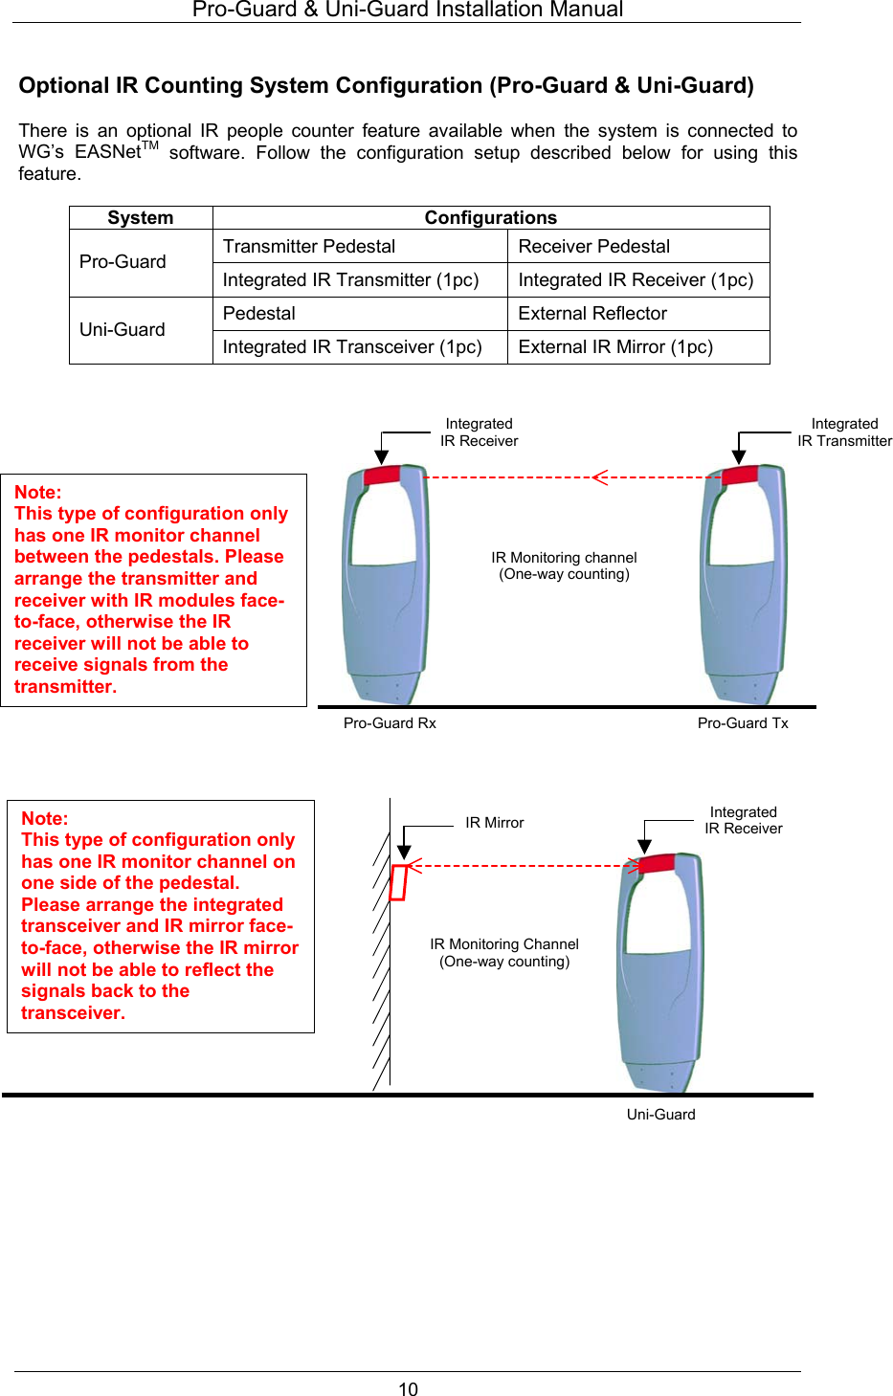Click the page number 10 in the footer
click(x=408, y=1389)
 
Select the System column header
click(x=141, y=218)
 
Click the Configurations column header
click(x=490, y=218)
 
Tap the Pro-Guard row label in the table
click(x=123, y=262)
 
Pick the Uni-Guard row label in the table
click(x=123, y=330)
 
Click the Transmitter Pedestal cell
click(x=309, y=247)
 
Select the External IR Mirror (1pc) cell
click(x=615, y=347)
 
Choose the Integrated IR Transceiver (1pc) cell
click(x=352, y=347)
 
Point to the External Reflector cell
click(x=592, y=314)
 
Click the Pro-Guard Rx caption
click(x=390, y=723)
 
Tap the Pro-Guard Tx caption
click(x=743, y=723)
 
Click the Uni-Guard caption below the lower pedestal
click(x=660, y=1115)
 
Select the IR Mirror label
click(x=494, y=823)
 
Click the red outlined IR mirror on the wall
click(x=398, y=881)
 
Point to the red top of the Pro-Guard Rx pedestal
click(x=383, y=475)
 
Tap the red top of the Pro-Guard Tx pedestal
click(x=740, y=476)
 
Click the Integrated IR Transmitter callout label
click(x=844, y=432)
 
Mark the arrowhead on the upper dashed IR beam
click(x=599, y=476)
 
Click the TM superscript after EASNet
click(x=149, y=146)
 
